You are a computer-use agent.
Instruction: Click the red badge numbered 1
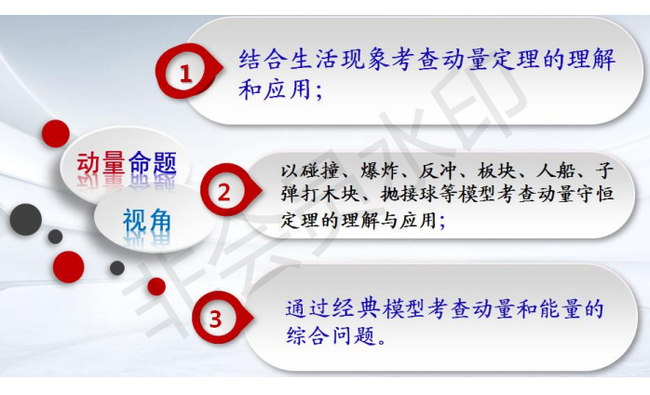[186, 74]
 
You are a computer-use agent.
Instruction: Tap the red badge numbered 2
[226, 192]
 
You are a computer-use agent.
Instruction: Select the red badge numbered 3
[218, 319]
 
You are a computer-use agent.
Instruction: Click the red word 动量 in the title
[101, 163]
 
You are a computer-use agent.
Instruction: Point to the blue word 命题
[153, 163]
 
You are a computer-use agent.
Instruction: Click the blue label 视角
[147, 220]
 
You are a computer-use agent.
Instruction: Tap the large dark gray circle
[26, 220]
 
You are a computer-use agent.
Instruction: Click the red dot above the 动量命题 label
[56, 133]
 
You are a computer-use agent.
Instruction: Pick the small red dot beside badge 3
[156, 287]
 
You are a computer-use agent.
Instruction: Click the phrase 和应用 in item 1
[276, 89]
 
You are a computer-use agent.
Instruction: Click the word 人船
[555, 170]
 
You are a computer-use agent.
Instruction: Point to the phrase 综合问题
[332, 335]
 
